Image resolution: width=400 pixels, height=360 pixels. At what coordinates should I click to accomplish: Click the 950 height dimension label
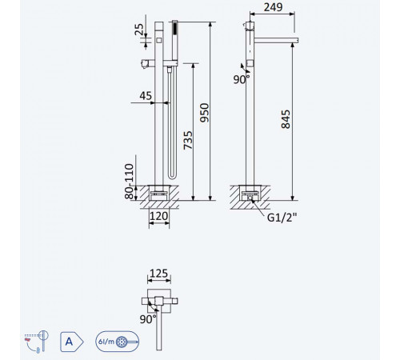[205, 113]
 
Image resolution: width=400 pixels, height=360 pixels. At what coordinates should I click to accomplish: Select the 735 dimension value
[188, 140]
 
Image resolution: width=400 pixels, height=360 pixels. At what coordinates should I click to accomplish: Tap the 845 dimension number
[286, 119]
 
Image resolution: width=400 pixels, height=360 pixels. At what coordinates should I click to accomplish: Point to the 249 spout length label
[273, 7]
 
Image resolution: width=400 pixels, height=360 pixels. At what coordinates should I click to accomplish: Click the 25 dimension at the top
[139, 30]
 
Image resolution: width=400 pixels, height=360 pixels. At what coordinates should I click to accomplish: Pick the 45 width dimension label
[146, 96]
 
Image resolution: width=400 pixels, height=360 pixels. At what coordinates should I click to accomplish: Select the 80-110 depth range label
[129, 182]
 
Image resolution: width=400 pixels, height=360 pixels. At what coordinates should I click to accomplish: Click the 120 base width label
[159, 216]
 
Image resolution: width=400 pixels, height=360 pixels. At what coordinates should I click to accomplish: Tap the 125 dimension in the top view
[159, 274]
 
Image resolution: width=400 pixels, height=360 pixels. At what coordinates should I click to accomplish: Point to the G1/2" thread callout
[282, 218]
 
